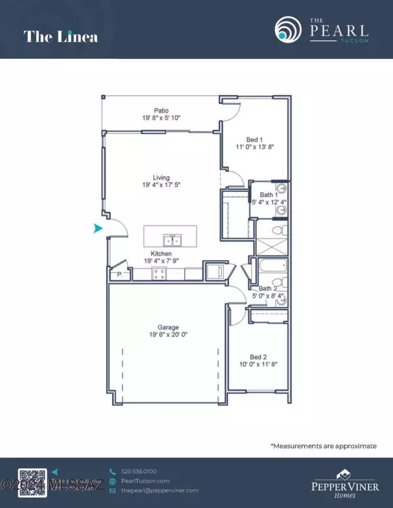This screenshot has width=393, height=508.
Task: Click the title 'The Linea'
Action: (x=61, y=36)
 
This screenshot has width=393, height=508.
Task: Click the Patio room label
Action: (x=162, y=111)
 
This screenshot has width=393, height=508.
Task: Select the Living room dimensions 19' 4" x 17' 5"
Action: (x=161, y=185)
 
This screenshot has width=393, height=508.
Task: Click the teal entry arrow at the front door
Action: (x=99, y=228)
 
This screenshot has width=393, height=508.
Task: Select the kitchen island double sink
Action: (x=170, y=234)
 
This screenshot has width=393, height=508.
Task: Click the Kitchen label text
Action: (x=161, y=253)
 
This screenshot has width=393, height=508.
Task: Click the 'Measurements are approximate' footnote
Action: (x=324, y=446)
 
